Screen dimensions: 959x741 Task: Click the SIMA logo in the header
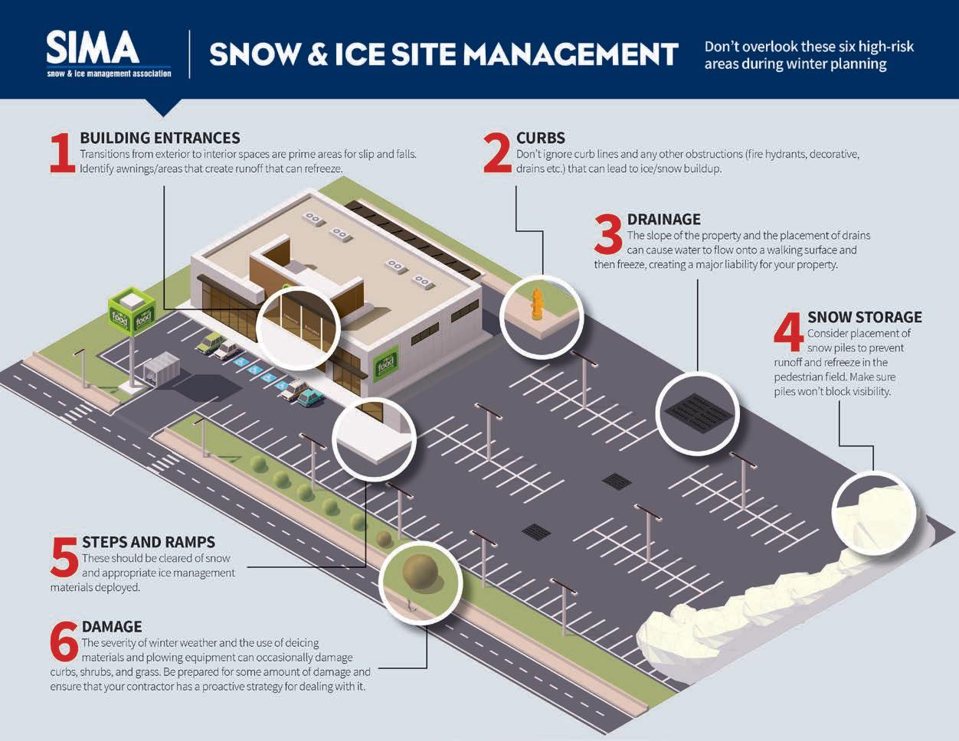[x=108, y=53]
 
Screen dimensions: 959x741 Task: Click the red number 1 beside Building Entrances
[x=62, y=154]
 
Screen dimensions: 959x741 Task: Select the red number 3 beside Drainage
[x=608, y=233]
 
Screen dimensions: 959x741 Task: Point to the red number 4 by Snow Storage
[x=788, y=332]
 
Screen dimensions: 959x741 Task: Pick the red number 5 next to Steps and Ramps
[x=64, y=557]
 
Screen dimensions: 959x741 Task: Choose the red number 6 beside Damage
[x=64, y=642]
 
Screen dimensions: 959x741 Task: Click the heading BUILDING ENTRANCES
[x=160, y=138]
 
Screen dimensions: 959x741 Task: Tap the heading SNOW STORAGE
[x=864, y=317]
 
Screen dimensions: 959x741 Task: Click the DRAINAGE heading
[x=663, y=219]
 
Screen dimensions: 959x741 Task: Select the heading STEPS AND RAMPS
[x=149, y=542]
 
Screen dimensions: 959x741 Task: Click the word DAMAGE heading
[x=112, y=627]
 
